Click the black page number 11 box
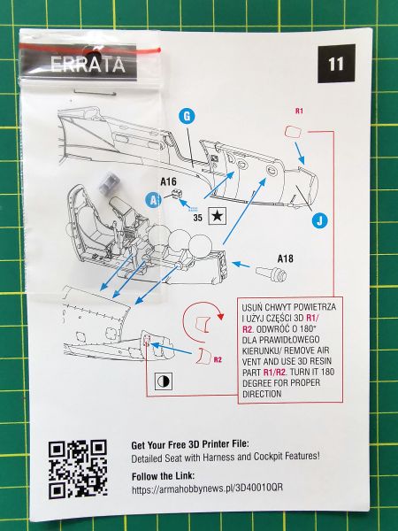[336, 64]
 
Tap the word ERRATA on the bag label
[88, 65]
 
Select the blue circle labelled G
[187, 117]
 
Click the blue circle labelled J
[320, 220]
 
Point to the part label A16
[169, 181]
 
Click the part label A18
[286, 258]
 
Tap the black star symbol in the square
[217, 216]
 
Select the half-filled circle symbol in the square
[163, 381]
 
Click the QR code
[78, 469]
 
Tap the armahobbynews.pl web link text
[207, 488]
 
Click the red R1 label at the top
[299, 111]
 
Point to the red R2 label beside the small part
[218, 359]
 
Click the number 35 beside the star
[197, 218]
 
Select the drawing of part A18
[272, 273]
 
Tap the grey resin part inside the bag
[108, 181]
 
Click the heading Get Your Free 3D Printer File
[190, 444]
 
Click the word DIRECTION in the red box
[262, 394]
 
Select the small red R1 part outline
[293, 131]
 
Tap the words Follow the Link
[163, 476]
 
